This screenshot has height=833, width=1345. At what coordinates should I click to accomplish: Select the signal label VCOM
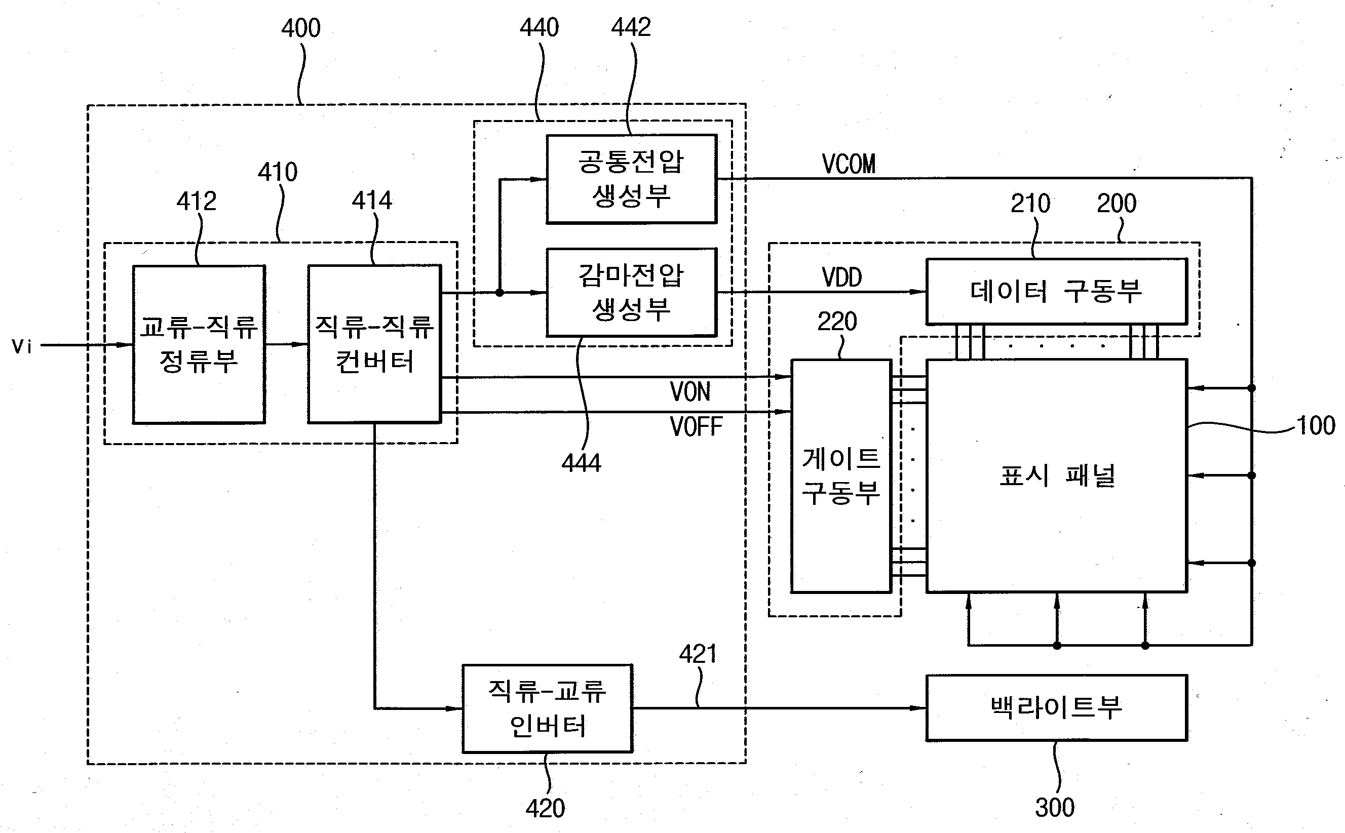coord(849,164)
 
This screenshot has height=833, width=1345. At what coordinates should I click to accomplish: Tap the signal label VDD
coord(841,277)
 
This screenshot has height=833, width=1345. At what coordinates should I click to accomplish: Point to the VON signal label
coord(690,392)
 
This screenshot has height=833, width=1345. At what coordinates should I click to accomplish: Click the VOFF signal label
coord(696,427)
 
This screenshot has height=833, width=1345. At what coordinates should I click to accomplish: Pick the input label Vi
coord(22,346)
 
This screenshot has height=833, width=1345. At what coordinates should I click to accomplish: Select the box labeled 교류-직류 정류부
coord(199,344)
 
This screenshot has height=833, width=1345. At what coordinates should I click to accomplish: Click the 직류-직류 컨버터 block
coord(374,344)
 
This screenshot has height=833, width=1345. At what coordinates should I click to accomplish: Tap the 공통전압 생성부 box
coord(631,179)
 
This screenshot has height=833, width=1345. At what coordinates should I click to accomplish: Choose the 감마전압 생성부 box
coord(631,292)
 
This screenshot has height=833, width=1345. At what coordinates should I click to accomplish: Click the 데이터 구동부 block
coord(1056,292)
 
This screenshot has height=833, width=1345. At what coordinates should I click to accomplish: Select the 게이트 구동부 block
coord(841,476)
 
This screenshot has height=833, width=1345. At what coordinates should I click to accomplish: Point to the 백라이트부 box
coord(1056,707)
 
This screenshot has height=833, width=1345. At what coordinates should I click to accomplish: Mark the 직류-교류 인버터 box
coord(547,708)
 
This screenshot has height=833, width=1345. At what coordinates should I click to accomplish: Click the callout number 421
coord(698,654)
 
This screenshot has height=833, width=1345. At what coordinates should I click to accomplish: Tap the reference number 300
coord(1055,808)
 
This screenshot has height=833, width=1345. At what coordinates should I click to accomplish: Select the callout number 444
coord(581,463)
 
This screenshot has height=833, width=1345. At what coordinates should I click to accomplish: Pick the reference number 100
coord(1316,426)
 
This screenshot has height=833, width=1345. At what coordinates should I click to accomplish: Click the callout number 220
coord(837,322)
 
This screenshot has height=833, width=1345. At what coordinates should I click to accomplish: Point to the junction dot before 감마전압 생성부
coord(500,293)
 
